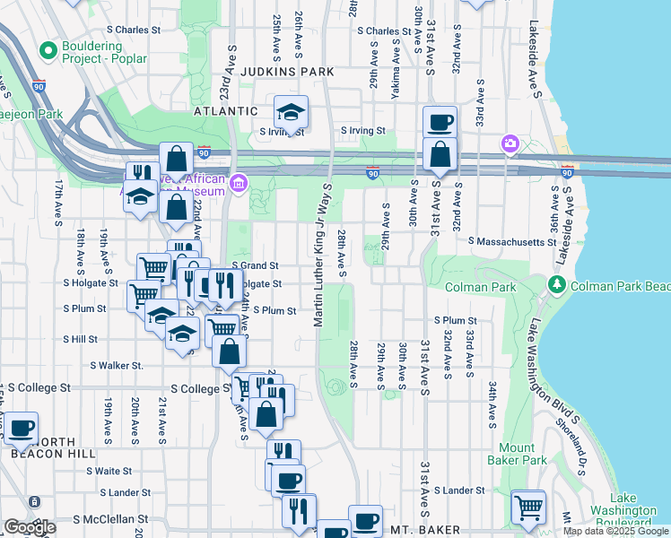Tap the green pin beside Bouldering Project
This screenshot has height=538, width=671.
(x=47, y=47)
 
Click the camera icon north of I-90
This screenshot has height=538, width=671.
(x=510, y=143)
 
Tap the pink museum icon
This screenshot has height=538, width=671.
(x=239, y=186)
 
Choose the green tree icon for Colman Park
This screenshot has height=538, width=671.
(x=556, y=285)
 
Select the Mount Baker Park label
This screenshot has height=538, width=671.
(x=522, y=454)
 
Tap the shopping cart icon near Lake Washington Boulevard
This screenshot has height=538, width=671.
(x=528, y=507)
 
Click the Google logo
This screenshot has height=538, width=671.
(x=30, y=527)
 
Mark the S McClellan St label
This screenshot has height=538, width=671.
(x=110, y=519)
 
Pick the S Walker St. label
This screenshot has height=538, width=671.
(x=116, y=365)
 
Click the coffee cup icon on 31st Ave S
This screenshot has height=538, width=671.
(x=440, y=122)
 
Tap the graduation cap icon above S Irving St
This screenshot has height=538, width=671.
(x=291, y=112)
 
